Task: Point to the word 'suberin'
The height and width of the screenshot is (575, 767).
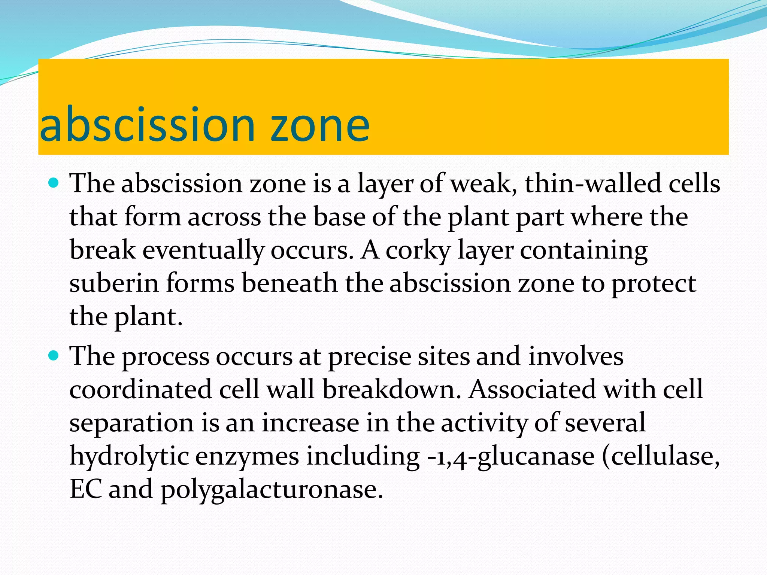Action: tap(114, 283)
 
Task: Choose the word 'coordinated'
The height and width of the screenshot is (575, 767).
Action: tap(140, 389)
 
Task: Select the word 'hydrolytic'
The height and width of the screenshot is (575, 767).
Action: tap(129, 457)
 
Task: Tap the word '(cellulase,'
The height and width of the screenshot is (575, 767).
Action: tap(661, 457)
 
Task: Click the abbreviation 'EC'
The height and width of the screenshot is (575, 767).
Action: tap(86, 489)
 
